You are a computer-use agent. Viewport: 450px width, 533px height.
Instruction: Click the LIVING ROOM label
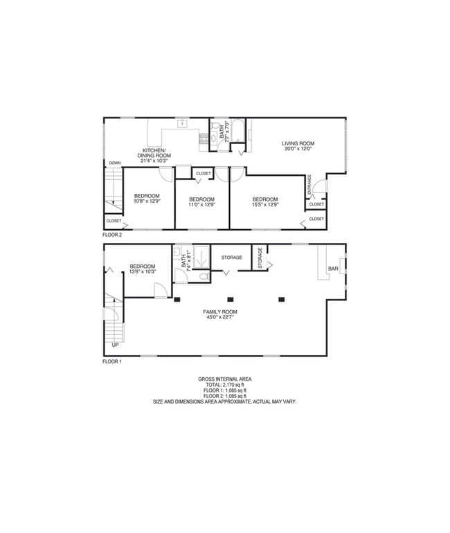tap(298, 143)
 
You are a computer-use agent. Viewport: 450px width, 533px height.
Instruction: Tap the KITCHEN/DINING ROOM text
tap(156, 153)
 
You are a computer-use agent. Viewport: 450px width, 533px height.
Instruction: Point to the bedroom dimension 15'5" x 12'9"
tap(265, 204)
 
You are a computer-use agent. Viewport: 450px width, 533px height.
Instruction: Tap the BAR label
tap(333, 269)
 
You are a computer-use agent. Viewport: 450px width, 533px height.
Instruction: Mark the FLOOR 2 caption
tap(112, 235)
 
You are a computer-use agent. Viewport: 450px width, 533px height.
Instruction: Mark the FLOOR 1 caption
tap(112, 361)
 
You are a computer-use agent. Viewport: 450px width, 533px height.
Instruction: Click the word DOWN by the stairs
tap(114, 163)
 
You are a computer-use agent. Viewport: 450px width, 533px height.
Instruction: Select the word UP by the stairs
tap(115, 344)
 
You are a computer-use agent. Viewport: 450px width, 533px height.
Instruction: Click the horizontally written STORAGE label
tap(231, 258)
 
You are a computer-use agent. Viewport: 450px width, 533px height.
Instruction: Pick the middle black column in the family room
tap(230, 299)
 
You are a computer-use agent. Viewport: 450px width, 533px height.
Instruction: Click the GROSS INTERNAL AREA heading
tap(224, 379)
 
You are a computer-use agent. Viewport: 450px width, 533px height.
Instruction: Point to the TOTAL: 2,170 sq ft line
tap(224, 385)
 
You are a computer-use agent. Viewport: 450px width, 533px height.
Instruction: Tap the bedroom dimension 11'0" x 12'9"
tap(202, 204)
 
